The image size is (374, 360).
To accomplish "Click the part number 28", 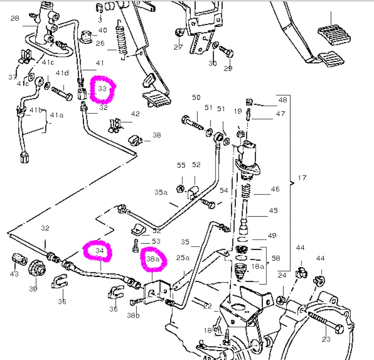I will click(15, 19).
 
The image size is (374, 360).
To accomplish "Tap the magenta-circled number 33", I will click(102, 88).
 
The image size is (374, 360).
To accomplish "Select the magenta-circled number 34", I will click(99, 250).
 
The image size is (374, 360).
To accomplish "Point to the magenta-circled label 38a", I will click(153, 259).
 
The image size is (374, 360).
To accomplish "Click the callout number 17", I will click(302, 178).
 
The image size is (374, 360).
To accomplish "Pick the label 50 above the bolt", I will click(196, 97).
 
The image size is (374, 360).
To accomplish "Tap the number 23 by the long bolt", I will click(326, 339).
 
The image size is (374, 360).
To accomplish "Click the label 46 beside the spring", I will click(275, 189).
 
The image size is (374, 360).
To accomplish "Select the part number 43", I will click(14, 274).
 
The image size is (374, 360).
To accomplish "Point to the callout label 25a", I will click(183, 257).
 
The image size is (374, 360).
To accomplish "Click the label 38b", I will click(133, 315).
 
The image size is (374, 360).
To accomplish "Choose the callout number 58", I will click(276, 258).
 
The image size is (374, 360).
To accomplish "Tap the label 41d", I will click(62, 73).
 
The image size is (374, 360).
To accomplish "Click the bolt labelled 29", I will click(227, 52).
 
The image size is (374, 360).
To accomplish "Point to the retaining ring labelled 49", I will click(243, 239).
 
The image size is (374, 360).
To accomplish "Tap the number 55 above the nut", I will click(181, 166).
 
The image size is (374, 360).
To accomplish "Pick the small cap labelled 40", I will click(87, 37).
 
